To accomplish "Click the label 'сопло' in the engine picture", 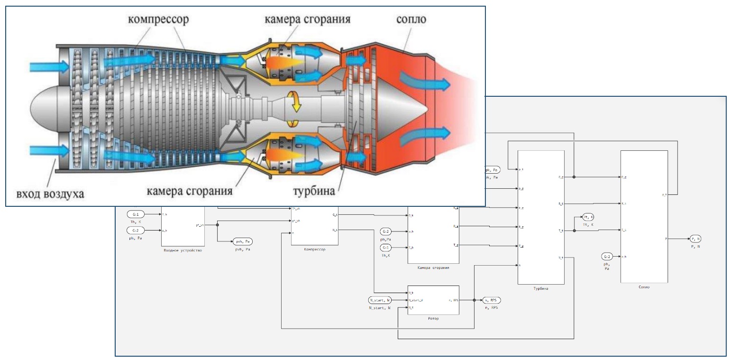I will click(x=411, y=19).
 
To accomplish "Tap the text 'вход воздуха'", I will click(x=51, y=194).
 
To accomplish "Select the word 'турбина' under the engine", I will click(x=314, y=191).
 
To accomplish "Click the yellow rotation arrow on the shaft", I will click(x=296, y=102).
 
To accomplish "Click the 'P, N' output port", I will click(x=695, y=239).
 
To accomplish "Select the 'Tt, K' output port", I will click(x=588, y=217).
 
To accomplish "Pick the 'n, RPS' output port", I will click(x=491, y=300).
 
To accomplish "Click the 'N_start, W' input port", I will click(x=380, y=300).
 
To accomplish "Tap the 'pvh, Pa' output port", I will click(x=242, y=241).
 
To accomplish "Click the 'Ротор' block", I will click(x=433, y=300).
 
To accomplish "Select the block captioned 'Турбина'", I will click(x=541, y=217).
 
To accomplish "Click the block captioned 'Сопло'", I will click(x=644, y=216).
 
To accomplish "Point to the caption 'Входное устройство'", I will click(x=182, y=250).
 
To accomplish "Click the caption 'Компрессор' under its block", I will click(x=314, y=249).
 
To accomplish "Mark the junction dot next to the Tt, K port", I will click(x=574, y=231).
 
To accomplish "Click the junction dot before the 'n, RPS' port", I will click(x=474, y=300).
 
